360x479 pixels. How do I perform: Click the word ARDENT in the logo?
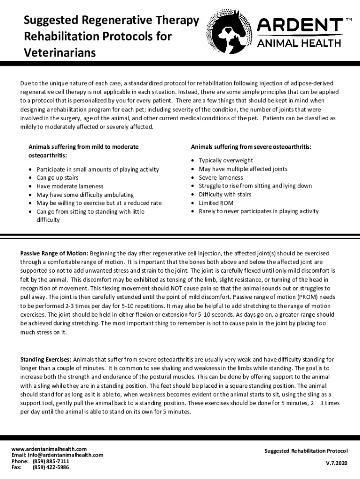301,25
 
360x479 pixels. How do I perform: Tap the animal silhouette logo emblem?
231,29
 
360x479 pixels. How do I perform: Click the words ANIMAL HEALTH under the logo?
300,44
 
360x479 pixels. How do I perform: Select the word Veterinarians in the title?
60,52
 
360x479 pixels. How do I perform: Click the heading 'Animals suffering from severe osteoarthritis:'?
251,147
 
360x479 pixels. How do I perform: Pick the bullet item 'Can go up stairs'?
58,178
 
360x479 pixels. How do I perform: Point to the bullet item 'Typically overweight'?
226,160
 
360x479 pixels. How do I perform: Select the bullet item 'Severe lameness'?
221,178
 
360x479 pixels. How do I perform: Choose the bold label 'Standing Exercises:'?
46,360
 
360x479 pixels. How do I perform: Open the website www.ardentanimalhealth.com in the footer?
49,449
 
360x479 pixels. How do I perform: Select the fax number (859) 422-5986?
50,467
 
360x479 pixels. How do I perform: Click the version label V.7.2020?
337,463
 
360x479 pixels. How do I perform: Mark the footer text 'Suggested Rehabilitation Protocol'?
306,451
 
